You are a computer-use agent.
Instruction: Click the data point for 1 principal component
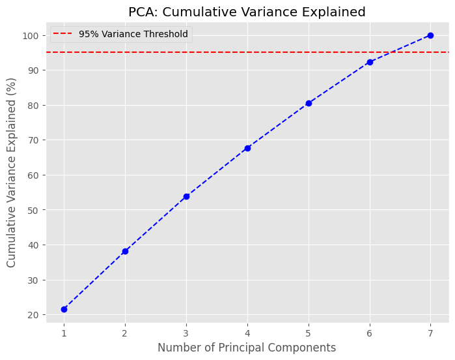(x=64, y=309)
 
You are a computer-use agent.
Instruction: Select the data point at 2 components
(x=125, y=251)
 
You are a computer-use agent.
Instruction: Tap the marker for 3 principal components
(x=186, y=196)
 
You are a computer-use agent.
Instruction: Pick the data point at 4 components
(x=247, y=148)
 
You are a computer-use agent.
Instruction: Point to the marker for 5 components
(x=309, y=103)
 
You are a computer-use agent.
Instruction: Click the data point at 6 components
(x=370, y=62)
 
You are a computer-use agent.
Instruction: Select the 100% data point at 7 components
(x=430, y=35)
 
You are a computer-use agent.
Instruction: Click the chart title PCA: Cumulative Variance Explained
(x=247, y=12)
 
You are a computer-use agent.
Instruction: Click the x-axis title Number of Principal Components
(x=247, y=348)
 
